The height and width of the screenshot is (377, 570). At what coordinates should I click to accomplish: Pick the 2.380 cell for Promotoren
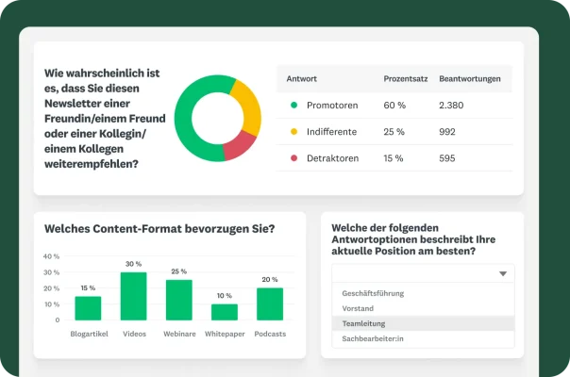click(x=453, y=105)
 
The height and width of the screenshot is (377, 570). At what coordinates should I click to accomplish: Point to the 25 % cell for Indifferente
click(x=394, y=131)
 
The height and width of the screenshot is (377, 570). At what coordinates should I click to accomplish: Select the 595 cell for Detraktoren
click(x=448, y=158)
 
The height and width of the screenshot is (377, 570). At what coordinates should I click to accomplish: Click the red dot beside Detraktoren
click(x=294, y=158)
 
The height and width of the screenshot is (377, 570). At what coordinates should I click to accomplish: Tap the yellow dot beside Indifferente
click(x=294, y=131)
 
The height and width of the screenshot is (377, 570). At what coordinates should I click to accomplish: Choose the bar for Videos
click(x=133, y=296)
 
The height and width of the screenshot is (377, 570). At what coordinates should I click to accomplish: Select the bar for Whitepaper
click(x=225, y=312)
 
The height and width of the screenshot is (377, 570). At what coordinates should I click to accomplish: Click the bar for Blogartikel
click(x=88, y=308)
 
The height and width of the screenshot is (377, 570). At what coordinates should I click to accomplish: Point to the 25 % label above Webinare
click(x=178, y=271)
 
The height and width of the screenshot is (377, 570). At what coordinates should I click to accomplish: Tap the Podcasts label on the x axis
click(x=270, y=334)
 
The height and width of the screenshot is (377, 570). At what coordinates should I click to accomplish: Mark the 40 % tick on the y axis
click(x=52, y=256)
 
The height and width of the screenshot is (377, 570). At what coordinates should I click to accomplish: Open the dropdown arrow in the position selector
click(x=504, y=273)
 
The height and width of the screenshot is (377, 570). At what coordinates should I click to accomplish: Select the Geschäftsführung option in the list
click(x=373, y=293)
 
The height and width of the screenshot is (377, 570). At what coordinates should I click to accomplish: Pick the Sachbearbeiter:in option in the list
click(x=373, y=338)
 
